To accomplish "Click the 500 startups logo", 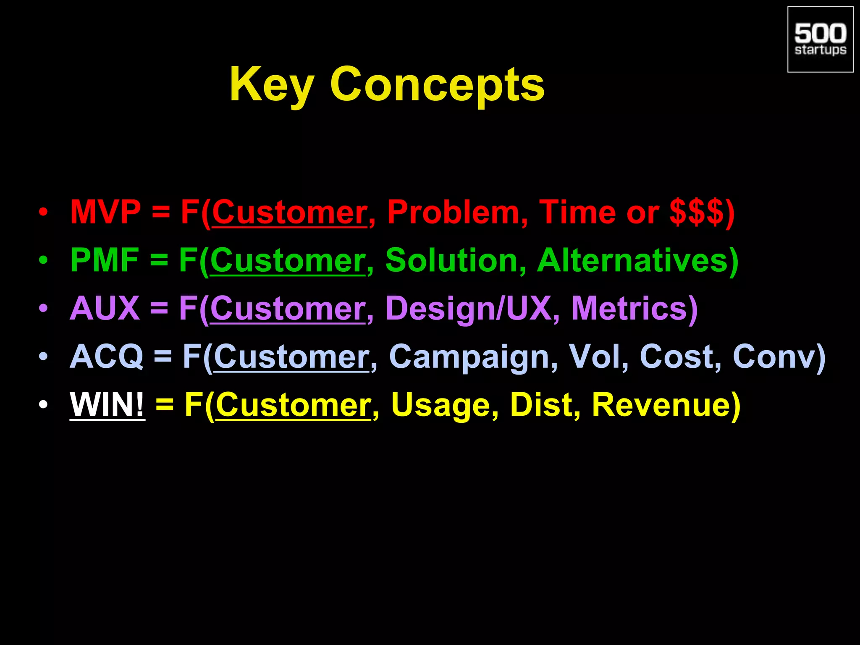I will coord(820,39).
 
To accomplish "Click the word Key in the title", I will coord(271,85).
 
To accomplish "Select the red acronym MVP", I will coord(105,212).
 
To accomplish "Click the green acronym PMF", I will coord(105,260).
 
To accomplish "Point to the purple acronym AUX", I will coord(105,309).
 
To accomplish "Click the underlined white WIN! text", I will coord(107,405).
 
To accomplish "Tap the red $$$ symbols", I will coord(696,212).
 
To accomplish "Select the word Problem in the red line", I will coord(453,212).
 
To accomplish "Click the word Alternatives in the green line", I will coord(633,260).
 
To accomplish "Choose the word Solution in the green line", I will coord(451,260).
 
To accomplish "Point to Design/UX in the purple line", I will coord(468,309).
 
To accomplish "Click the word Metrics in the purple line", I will coord(629,309).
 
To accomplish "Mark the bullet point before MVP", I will coord(43,213).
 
